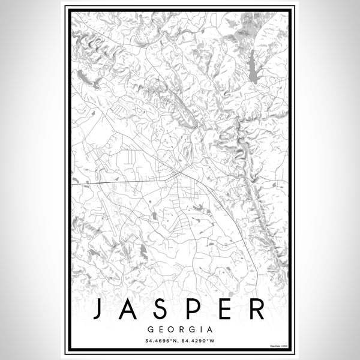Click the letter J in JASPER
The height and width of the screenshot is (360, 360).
click(98, 309)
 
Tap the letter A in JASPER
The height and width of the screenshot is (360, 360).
click(131, 309)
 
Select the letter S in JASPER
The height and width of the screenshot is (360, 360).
click(163, 309)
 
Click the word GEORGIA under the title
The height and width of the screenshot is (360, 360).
click(180, 329)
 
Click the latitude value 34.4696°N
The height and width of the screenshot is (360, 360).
click(162, 341)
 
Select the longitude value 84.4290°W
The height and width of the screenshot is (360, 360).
click(196, 341)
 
